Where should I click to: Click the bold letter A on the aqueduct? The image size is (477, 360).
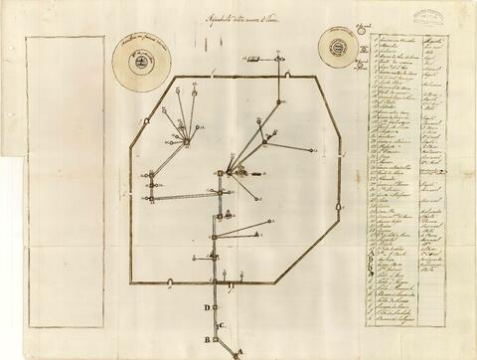coord(238,350)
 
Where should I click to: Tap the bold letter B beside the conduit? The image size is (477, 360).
coord(207,338)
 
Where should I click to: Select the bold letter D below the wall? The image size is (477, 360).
coord(206,308)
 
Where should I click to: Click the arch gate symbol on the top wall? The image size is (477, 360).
coord(287,75)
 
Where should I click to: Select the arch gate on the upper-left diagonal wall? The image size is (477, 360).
coord(148,120)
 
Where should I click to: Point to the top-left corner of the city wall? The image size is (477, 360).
coord(176,78)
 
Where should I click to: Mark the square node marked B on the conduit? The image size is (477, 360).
coord(215,337)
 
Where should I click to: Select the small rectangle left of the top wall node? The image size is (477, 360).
coord(250,63)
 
